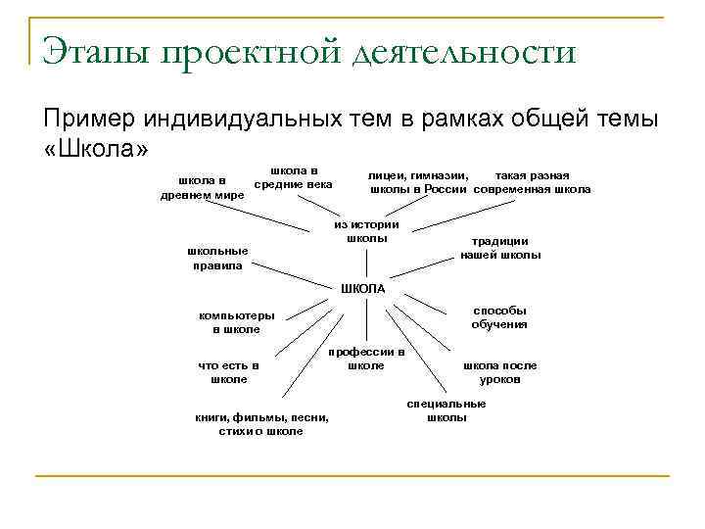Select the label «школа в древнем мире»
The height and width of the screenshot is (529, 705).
(202, 188)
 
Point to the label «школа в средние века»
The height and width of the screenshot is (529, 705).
(293, 177)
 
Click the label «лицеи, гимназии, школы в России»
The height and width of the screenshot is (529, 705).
(421, 182)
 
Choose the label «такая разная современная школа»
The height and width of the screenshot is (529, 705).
(533, 182)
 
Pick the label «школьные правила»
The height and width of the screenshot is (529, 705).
(218, 259)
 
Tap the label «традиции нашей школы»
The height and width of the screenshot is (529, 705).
(500, 249)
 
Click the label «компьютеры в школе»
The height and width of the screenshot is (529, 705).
(236, 323)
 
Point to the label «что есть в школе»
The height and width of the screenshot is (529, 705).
(228, 372)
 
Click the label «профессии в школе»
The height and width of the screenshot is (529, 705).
(366, 359)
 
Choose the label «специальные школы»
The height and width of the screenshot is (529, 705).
(446, 410)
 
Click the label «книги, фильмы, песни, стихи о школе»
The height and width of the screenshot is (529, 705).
(261, 423)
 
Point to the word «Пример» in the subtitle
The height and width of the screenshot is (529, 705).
(89, 119)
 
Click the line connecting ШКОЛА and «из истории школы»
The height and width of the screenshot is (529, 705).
(366, 263)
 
